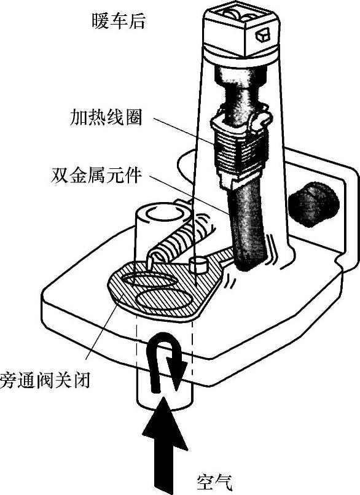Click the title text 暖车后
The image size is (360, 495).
point(119,21)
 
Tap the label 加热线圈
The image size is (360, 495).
point(106,117)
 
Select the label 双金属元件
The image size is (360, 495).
point(96,174)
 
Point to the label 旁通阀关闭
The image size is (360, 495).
point(45,380)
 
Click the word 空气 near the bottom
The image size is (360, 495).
point(214,483)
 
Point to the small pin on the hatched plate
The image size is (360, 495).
point(198,265)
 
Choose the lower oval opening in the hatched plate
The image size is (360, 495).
point(163,299)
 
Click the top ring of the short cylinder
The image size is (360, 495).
point(163,215)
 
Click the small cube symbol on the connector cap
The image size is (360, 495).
point(262,35)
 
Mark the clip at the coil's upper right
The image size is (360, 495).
point(261,120)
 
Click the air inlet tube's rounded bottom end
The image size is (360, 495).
point(164,403)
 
